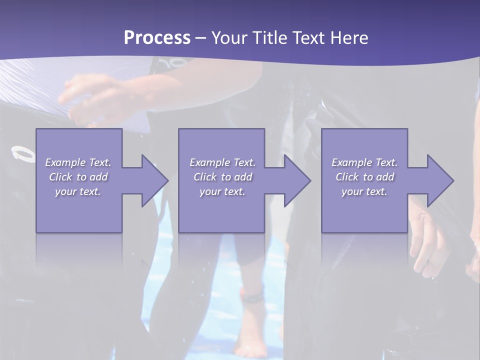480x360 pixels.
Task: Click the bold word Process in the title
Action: (157, 37)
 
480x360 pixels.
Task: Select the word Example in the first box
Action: (65, 162)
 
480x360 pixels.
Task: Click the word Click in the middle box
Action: (204, 177)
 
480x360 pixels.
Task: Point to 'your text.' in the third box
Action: (364, 191)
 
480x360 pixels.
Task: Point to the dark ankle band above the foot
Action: (251, 297)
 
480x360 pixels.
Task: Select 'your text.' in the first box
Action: (77, 191)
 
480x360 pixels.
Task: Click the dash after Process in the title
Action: (201, 38)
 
